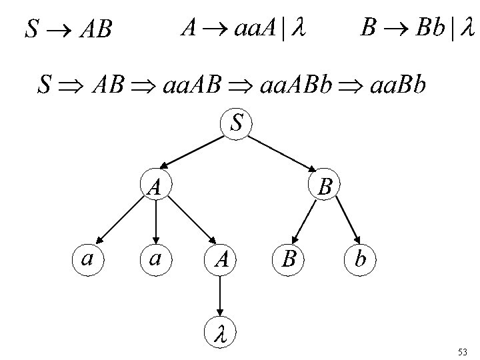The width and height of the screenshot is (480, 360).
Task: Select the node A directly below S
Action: coord(155,186)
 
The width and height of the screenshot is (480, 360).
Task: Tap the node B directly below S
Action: coord(325,186)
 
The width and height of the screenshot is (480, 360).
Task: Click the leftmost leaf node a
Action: coord(87,258)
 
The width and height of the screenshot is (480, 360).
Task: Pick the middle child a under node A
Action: coord(155,258)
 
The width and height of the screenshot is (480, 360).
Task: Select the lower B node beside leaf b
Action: coord(288,259)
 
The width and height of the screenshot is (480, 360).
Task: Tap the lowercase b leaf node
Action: coord(361,259)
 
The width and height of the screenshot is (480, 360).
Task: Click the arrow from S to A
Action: coord(193,153)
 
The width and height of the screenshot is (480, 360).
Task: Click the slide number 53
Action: coord(463,351)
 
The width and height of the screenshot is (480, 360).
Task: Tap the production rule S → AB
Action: coord(67,29)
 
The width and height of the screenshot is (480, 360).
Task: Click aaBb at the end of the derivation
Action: coord(396,86)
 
